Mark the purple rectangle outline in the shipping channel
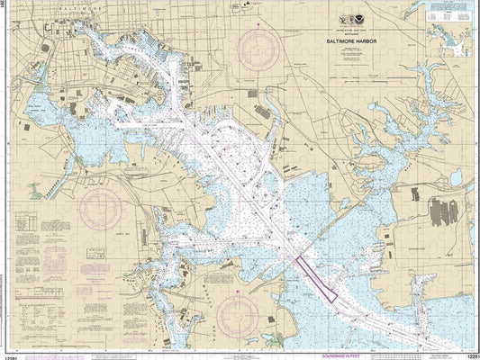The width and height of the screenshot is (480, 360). coord(313,277)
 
